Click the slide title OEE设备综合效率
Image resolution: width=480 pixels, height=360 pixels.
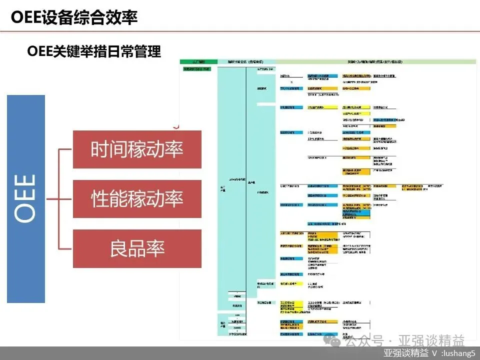74,17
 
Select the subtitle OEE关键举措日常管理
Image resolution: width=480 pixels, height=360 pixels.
94,51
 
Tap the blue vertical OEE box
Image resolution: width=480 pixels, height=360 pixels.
26,198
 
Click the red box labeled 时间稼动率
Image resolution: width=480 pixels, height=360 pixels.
137,149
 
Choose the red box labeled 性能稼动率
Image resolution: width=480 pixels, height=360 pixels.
137,198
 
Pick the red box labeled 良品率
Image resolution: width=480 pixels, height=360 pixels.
137,248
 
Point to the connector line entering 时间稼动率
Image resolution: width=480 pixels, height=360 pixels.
65,149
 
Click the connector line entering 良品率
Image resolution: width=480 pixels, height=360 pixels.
65,248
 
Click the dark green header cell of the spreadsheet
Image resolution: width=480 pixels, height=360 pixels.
198,62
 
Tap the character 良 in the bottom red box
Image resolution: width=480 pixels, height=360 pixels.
119,248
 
